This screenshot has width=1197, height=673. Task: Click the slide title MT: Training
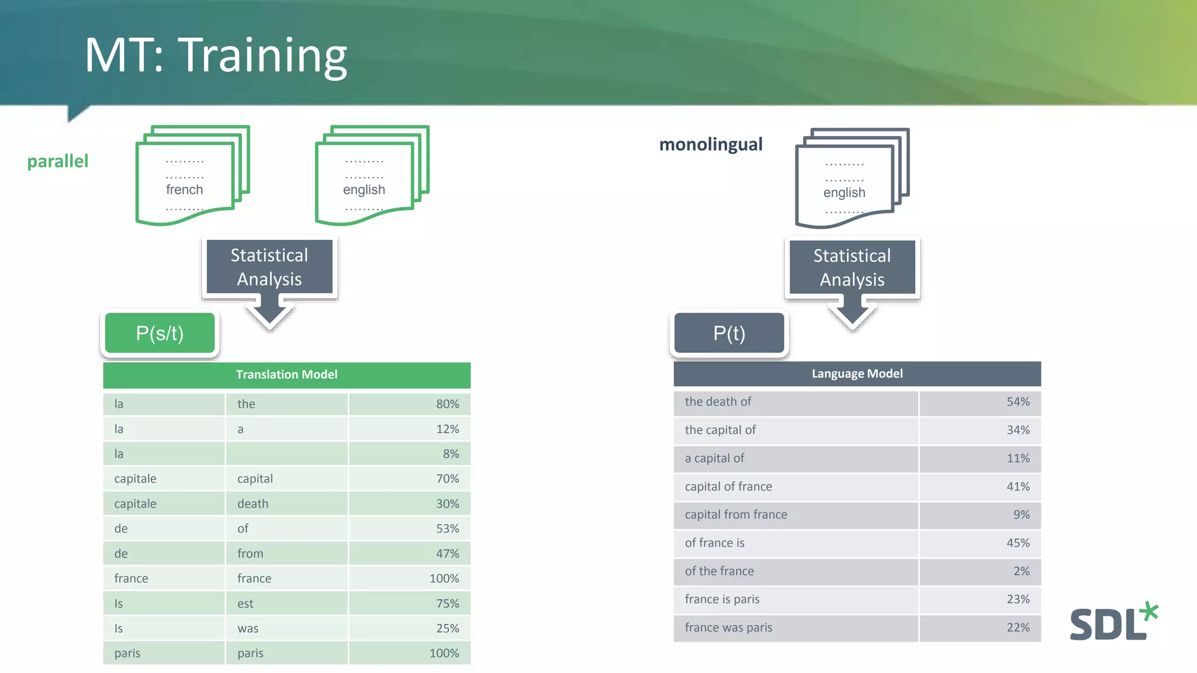(216, 55)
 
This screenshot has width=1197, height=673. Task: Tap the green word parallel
(57, 161)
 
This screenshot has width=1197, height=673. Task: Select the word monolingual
(710, 144)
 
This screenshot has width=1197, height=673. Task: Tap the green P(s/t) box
(160, 333)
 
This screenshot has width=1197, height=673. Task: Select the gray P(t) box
(729, 333)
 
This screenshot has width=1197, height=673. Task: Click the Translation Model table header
(286, 374)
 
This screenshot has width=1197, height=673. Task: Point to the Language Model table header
(857, 373)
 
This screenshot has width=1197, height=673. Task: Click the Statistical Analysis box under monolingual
(852, 268)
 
